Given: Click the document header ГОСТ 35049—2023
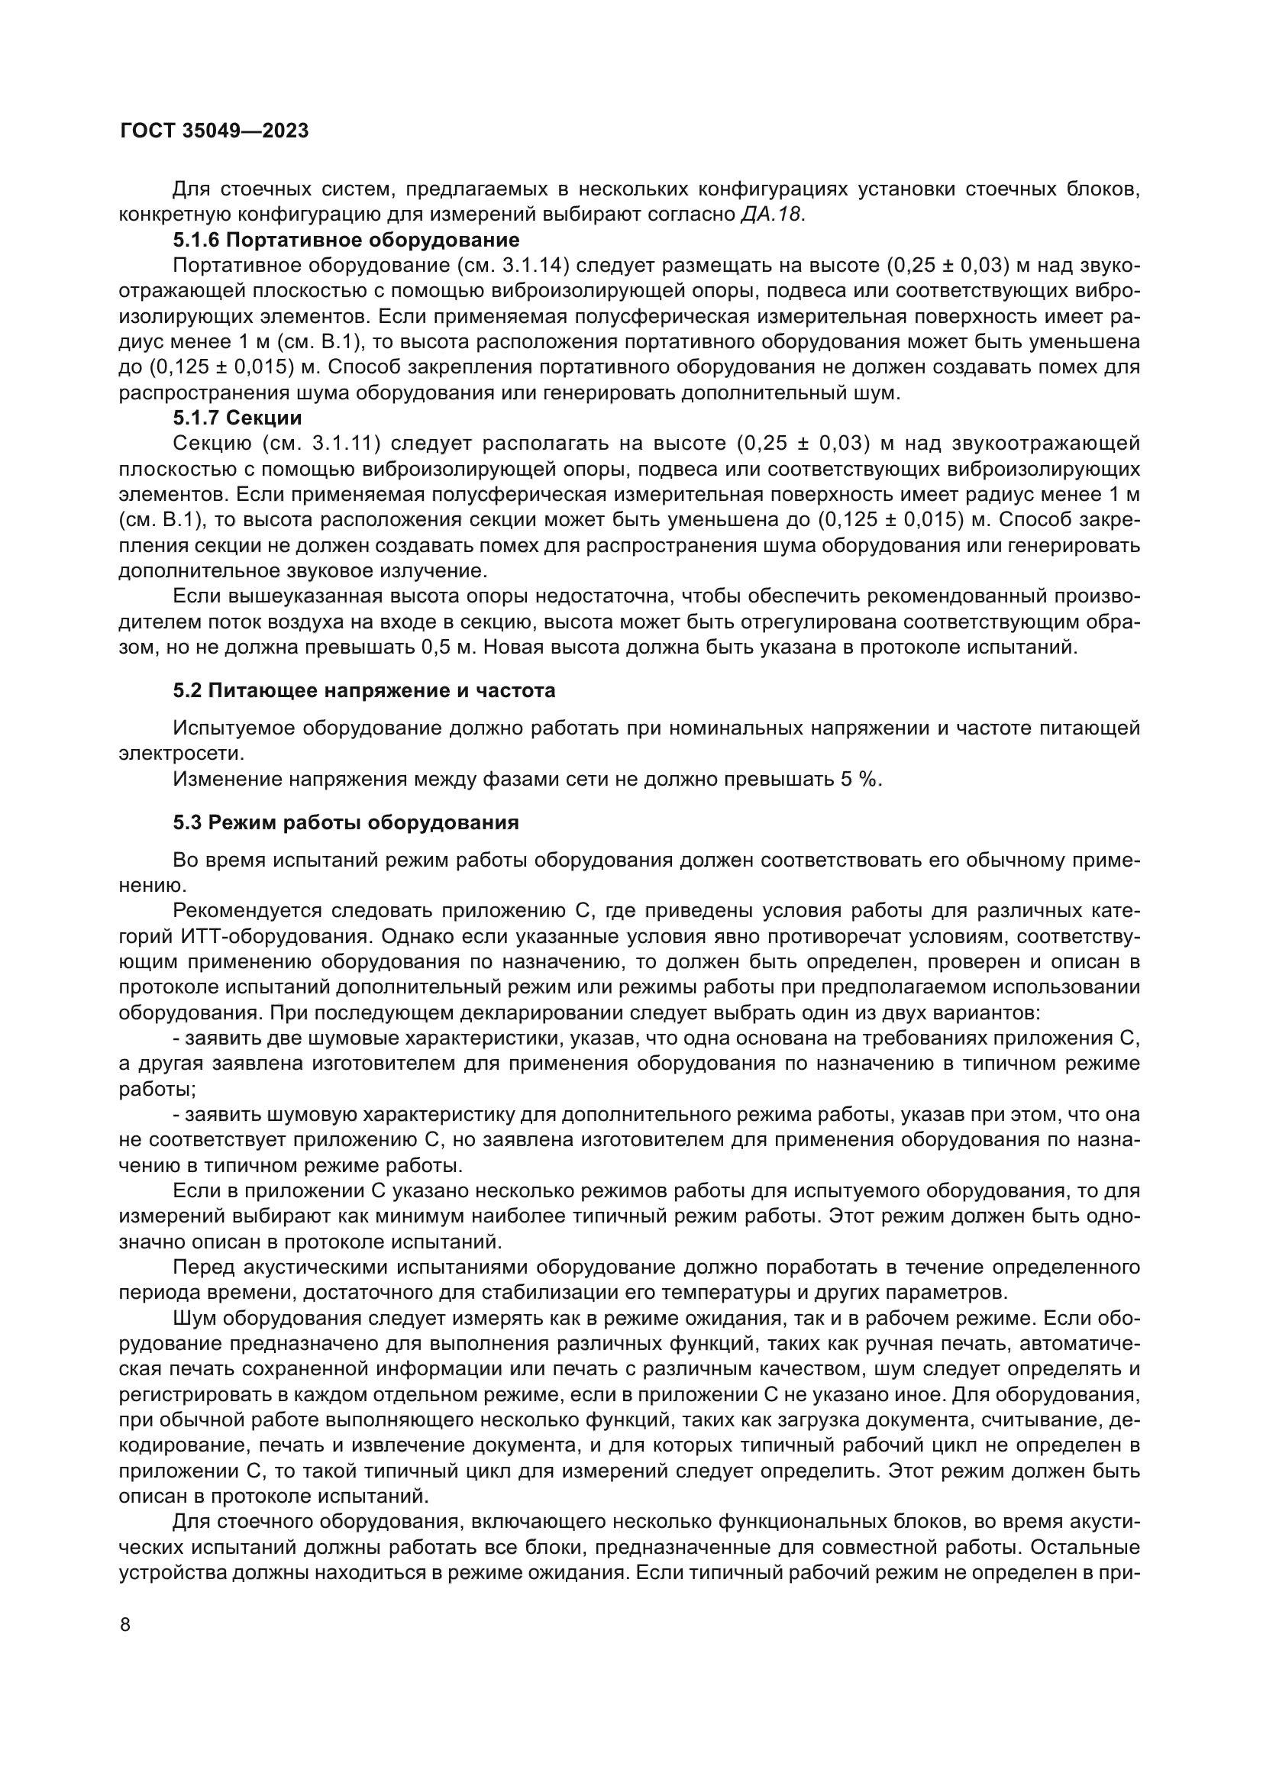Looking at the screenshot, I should coord(214,131).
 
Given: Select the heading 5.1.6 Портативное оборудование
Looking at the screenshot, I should coord(346,240).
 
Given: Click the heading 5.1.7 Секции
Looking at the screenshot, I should coord(237,418).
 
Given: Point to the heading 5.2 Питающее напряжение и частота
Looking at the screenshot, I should coord(364,690).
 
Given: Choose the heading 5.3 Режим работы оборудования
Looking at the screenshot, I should coord(346,822).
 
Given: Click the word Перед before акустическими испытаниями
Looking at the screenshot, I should coord(203,1268).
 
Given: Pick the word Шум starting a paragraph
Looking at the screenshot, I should coord(195,1319).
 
